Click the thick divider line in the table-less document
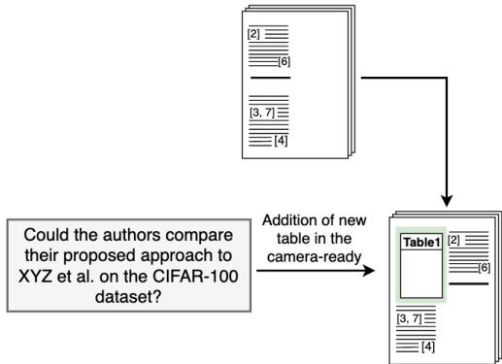pos(270,77)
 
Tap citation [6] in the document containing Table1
pos(482,267)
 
